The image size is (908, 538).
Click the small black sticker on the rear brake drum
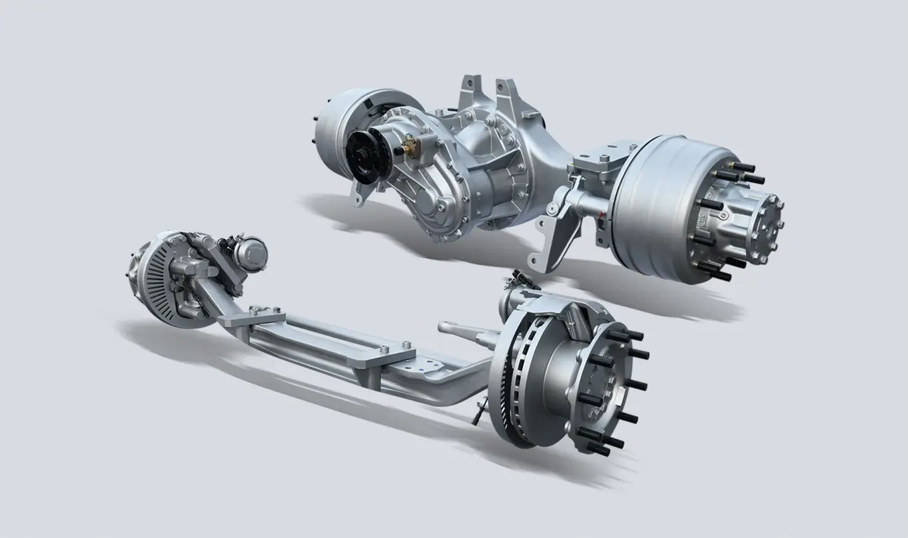point(368,107)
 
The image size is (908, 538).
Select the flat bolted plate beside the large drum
point(596,162)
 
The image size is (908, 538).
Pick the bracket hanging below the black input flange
point(360,192)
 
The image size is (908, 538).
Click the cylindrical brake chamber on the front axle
point(251,252)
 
